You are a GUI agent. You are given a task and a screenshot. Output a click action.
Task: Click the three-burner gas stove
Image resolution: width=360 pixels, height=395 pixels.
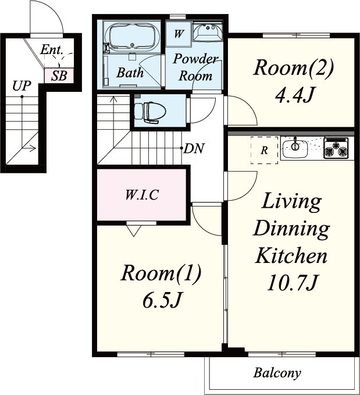[x=336, y=148]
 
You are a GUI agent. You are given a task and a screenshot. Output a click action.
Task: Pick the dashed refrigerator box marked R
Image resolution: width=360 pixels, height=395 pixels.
[x=264, y=151]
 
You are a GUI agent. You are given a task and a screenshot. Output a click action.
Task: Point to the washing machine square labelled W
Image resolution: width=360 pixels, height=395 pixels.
[x=179, y=34]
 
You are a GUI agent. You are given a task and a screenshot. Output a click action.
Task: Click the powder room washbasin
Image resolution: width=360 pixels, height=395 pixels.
[x=208, y=32]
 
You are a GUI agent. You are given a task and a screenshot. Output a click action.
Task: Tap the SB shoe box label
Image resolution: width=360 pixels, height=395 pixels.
[x=59, y=76]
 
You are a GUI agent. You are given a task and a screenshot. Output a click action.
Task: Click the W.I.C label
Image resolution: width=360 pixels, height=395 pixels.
[x=142, y=195]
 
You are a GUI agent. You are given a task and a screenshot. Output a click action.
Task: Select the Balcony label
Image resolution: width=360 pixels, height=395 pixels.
[x=277, y=373]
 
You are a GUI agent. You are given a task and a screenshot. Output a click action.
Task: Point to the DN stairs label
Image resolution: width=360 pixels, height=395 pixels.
[x=194, y=148]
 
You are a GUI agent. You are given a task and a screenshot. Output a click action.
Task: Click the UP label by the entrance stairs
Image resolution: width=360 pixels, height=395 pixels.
[x=22, y=86]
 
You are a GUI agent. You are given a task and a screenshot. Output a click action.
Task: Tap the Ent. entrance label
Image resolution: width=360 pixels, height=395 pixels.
[x=51, y=49]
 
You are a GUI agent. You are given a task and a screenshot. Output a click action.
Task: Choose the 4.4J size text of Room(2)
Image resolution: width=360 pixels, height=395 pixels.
[x=294, y=95]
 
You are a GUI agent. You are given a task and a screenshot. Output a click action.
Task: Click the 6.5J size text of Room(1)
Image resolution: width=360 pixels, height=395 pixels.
[x=162, y=300]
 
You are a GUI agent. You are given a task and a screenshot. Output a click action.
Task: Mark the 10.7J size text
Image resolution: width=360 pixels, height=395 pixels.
[x=291, y=282]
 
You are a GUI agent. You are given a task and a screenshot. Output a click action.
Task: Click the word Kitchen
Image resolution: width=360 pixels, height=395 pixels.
[x=291, y=255]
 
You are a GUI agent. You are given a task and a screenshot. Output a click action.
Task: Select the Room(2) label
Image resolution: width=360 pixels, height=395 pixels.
[x=294, y=67]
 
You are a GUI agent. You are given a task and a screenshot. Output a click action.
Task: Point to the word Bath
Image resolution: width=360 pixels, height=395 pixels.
[x=130, y=73]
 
